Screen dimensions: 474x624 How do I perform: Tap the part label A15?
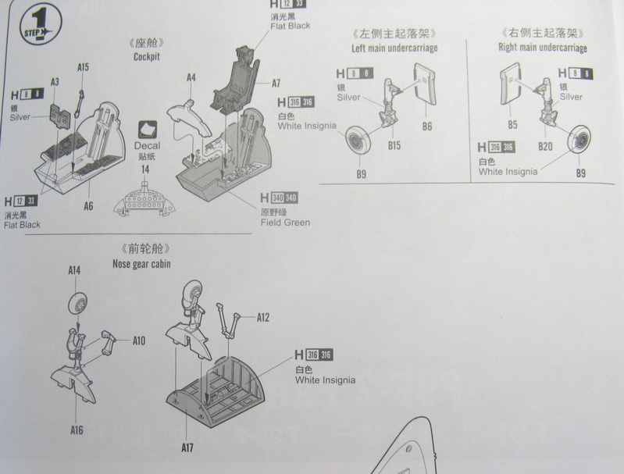point(83,67)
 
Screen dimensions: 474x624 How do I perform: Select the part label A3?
point(55,82)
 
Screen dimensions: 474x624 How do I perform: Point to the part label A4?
point(191,77)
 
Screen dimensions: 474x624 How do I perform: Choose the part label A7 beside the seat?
point(276,84)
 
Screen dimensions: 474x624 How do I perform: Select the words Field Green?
point(285,223)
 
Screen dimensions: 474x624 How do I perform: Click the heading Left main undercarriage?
point(394,48)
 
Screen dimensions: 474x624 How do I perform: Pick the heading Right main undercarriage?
point(542,48)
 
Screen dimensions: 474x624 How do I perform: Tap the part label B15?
point(394,146)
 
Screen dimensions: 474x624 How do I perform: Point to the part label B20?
point(545,146)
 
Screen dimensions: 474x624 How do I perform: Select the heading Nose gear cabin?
point(141,263)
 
